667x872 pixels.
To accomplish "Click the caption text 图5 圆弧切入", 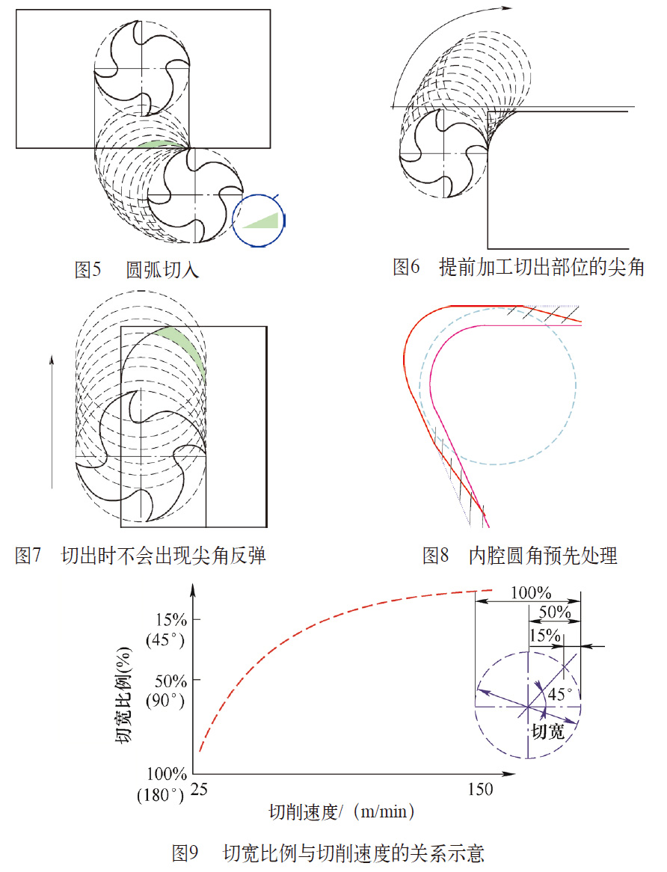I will [136, 270].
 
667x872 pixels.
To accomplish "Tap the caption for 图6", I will [518, 267].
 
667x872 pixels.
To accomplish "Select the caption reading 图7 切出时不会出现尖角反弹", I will [141, 556].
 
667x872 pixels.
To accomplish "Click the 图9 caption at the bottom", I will [328, 852].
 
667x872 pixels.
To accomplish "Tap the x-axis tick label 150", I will [479, 789].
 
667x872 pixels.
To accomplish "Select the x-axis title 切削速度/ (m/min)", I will [342, 811].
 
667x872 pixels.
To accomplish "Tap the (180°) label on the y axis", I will [161, 794].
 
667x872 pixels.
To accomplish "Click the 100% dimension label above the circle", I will [530, 593].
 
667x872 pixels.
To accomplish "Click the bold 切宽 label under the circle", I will [547, 731].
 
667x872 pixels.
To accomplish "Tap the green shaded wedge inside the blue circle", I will [263, 219].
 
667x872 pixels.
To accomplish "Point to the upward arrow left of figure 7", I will [51, 419].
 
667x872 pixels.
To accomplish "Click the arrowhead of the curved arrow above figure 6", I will [508, 8].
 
